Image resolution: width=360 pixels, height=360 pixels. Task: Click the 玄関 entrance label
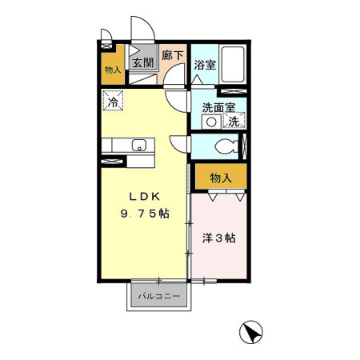tap(143, 63)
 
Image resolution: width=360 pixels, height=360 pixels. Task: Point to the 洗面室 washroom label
tap(217, 107)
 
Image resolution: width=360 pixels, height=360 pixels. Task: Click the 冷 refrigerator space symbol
tap(113, 102)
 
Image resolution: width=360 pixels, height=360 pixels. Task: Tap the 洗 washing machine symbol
tap(234, 122)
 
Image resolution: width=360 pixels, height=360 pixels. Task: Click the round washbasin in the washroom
tap(211, 122)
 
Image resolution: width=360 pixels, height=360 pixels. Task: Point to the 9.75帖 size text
tap(144, 214)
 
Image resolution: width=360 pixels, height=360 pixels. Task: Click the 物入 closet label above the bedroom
tap(221, 177)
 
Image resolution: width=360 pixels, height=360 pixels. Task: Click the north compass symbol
tap(251, 331)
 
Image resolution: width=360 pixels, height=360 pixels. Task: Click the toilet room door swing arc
tap(181, 144)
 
